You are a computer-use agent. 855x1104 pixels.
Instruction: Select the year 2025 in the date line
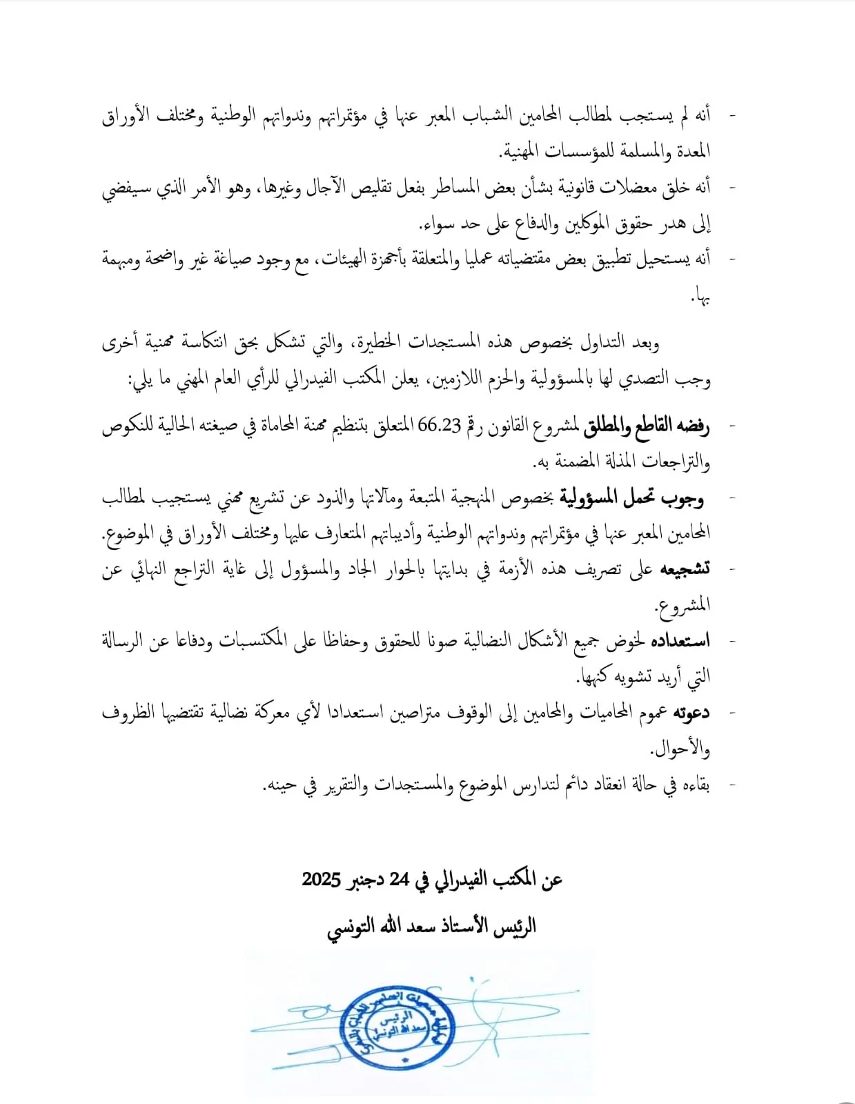click(x=322, y=880)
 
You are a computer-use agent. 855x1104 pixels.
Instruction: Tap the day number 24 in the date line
click(x=400, y=880)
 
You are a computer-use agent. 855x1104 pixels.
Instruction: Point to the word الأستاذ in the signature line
click(x=462, y=926)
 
